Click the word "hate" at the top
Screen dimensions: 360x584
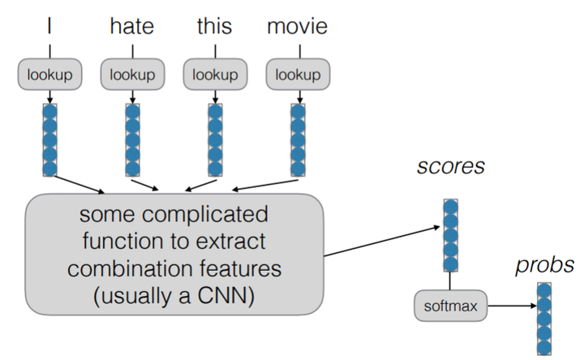coord(131,27)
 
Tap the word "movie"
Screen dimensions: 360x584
coord(298,27)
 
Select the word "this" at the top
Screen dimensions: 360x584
coord(214,27)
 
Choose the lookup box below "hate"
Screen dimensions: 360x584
coord(131,75)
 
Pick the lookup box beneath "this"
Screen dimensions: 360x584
coord(214,75)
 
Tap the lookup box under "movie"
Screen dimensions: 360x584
coord(298,75)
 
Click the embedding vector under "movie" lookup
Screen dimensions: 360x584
coord(298,139)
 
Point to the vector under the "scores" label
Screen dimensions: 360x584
coord(449,236)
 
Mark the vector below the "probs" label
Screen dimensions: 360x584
coord(545,320)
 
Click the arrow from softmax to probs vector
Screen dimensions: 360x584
coord(506,306)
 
